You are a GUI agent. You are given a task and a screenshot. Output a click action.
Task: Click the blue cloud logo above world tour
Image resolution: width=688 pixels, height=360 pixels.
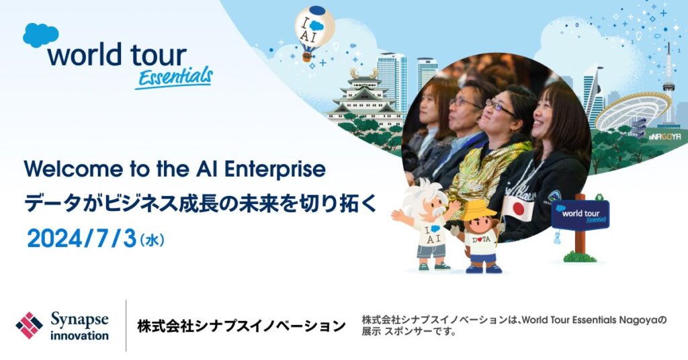pos(40,35)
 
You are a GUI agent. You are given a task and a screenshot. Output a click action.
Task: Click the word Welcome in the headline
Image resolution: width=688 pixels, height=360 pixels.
pos(71,169)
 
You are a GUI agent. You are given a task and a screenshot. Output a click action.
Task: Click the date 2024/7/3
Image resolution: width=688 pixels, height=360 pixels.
pos(81,239)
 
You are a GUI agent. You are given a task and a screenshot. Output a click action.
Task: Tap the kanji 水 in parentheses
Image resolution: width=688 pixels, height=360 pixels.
pos(152,240)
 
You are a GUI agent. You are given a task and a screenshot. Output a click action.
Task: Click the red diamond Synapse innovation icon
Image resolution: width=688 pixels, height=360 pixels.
pos(29,325)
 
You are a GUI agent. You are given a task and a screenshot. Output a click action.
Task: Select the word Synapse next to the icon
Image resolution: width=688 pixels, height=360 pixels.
pos(79,320)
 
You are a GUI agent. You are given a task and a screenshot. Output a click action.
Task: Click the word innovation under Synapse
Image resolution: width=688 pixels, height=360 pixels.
pos(79,336)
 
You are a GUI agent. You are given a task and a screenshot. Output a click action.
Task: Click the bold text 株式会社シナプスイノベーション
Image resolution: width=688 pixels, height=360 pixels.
pos(241,326)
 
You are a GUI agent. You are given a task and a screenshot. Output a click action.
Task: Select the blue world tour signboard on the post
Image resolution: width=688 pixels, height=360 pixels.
pos(580,216)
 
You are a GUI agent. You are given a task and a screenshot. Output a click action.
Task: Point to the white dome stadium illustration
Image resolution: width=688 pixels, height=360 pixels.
pos(632,111)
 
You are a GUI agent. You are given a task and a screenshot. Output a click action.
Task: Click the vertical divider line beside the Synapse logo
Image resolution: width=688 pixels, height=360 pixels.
pos(126,325)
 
